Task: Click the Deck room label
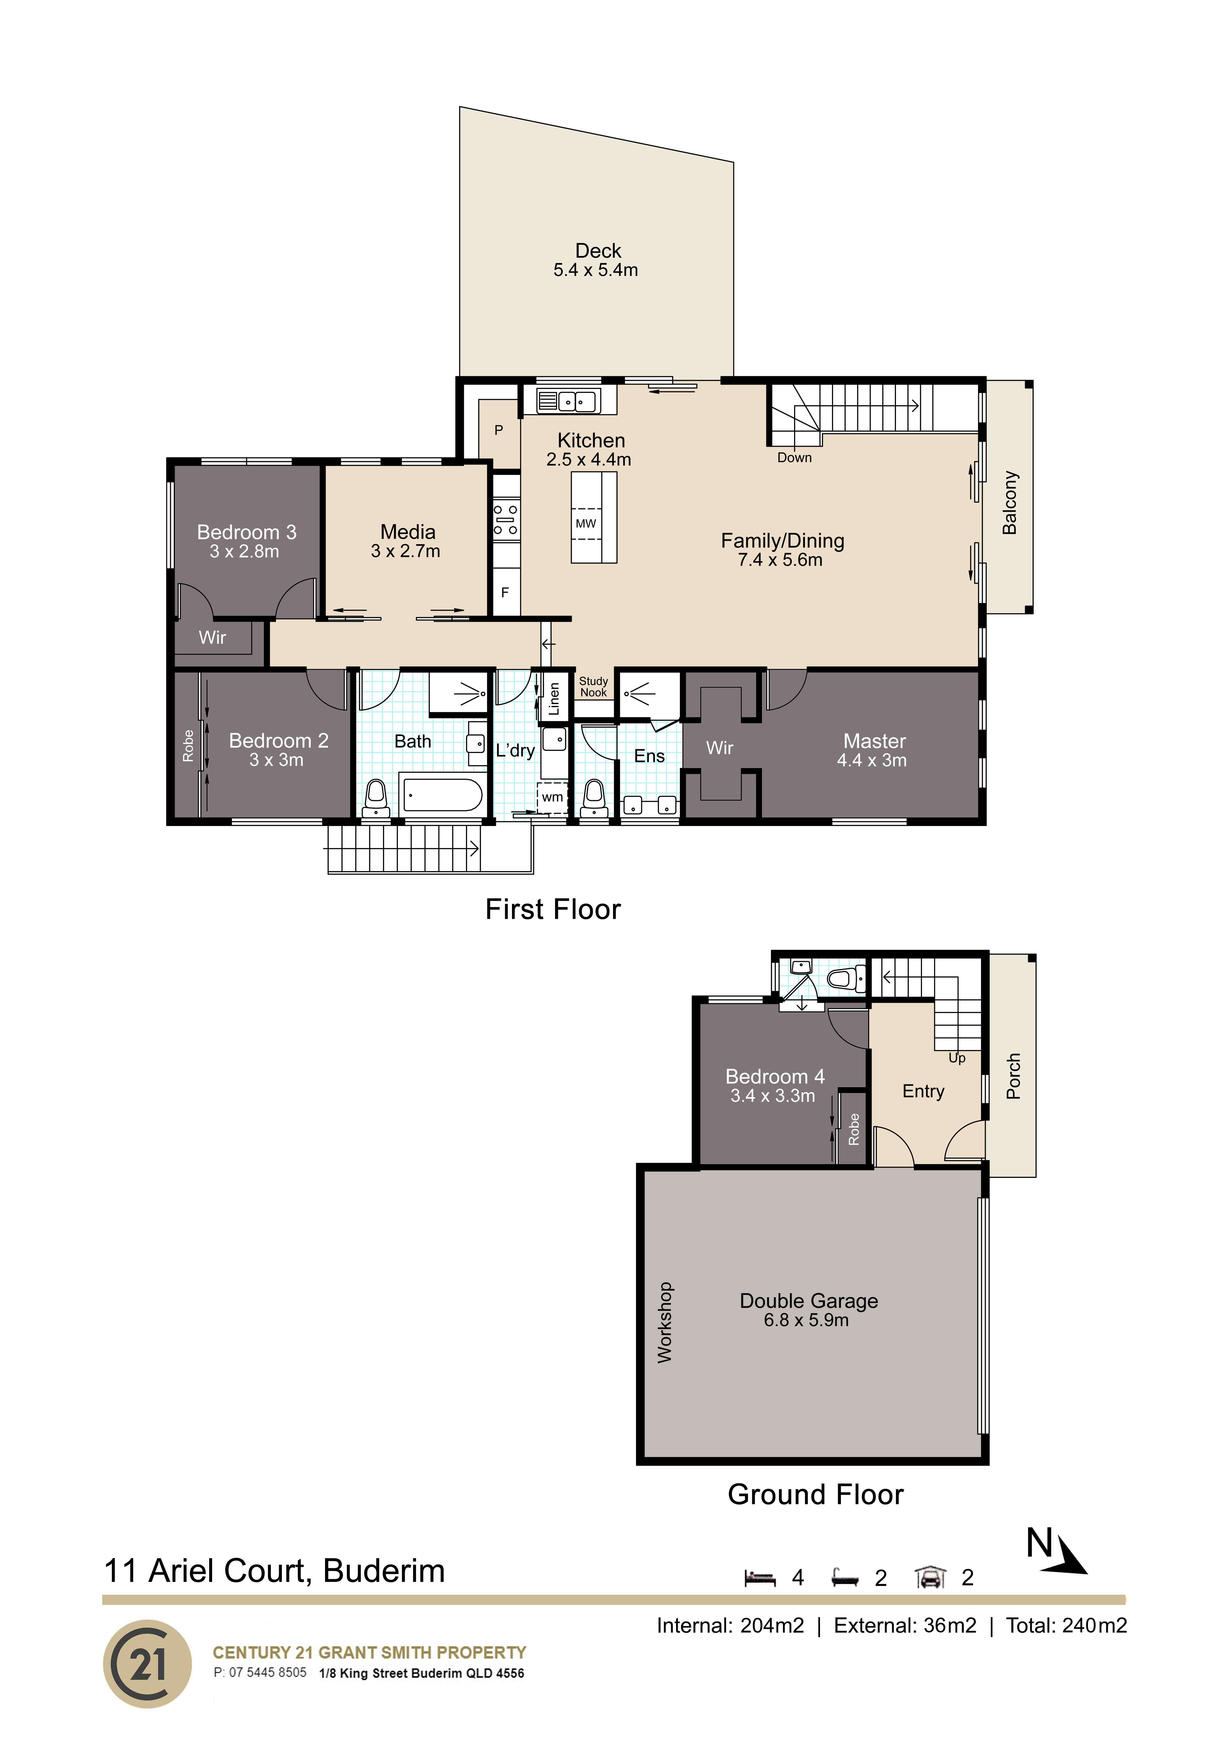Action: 598,251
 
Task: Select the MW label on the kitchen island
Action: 586,523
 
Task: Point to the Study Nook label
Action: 593,687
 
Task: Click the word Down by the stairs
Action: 794,457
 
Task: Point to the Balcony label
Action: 1009,503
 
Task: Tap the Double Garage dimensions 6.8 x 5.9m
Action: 806,1320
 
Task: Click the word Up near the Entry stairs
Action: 957,1058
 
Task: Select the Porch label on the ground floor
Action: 1013,1076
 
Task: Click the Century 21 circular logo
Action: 148,1664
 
